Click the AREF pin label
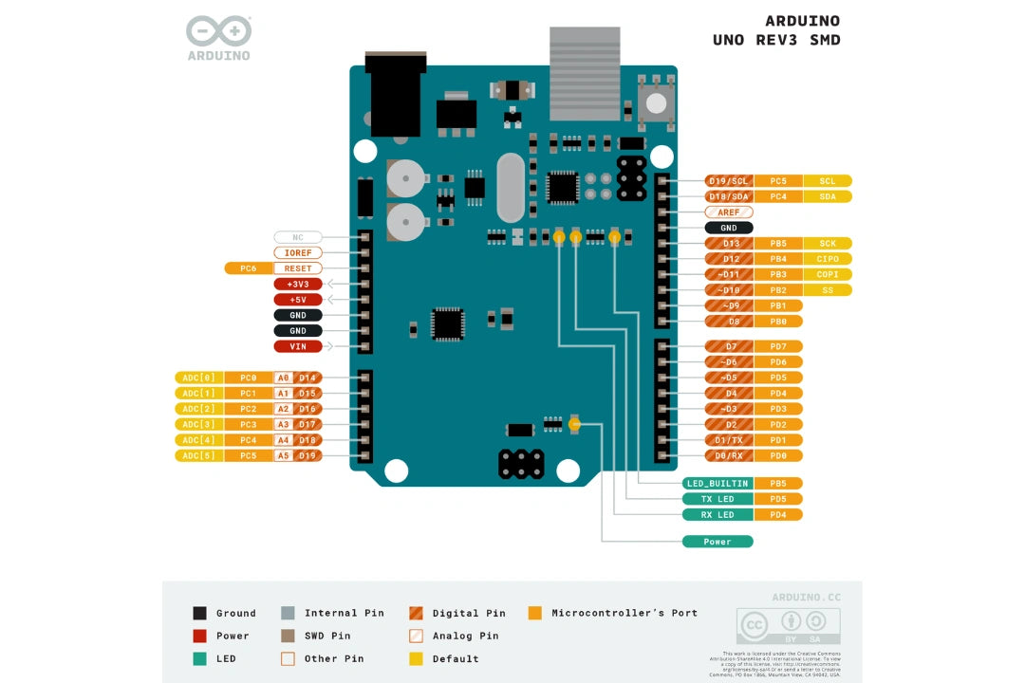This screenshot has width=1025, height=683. point(729,212)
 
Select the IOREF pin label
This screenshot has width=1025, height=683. point(298,253)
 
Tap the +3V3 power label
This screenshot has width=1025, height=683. point(298,284)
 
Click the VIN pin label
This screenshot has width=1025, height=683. point(298,346)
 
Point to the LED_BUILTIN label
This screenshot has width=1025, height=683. point(717,483)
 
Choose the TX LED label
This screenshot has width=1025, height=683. point(717,499)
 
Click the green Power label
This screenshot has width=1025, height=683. point(717,542)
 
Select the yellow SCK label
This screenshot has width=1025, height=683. point(828,244)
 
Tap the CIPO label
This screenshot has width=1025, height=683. point(828,259)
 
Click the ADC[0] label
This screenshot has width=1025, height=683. point(199,378)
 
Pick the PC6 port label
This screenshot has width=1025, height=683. point(249,268)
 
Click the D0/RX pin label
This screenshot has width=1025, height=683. point(729,455)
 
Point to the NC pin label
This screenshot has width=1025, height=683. point(298,237)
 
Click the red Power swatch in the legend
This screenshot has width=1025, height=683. point(199,636)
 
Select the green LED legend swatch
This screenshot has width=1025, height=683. point(199,658)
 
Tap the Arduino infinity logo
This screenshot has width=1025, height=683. point(218,32)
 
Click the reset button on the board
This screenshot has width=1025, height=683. point(655,102)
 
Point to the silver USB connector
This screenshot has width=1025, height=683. point(585,71)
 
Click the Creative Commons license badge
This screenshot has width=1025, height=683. point(788,626)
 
